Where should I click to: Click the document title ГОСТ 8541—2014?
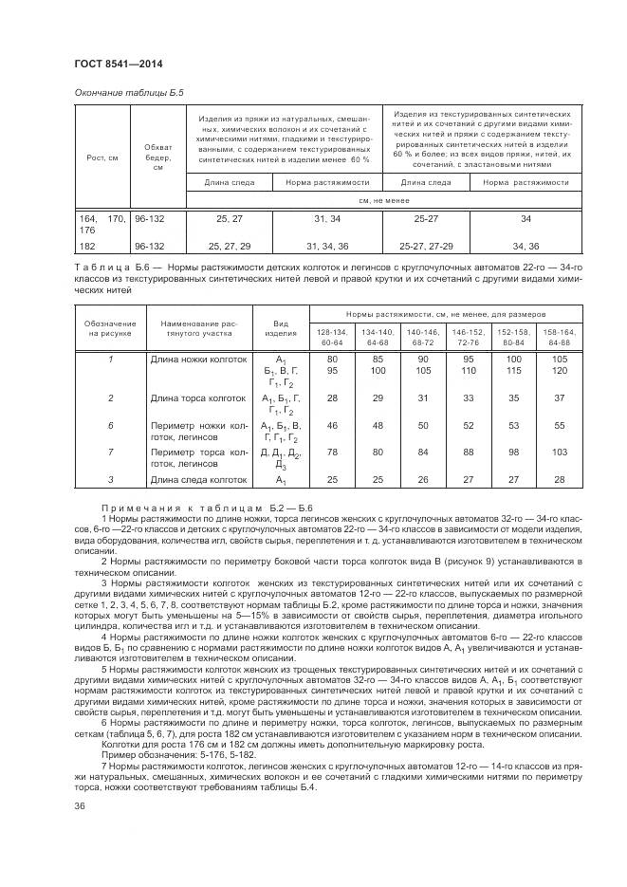118,64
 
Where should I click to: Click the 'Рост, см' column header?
101,157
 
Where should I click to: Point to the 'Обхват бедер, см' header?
157,157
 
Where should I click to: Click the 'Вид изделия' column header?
281,328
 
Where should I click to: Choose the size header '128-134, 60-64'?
332,337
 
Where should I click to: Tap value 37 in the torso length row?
559,398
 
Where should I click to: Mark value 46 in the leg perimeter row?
332,426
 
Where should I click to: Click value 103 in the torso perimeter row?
559,453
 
